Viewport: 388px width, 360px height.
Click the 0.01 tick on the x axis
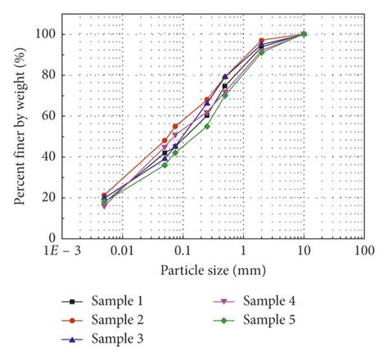point(122,250)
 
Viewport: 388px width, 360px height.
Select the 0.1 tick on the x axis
point(183,250)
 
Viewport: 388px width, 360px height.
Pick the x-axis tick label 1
point(243,250)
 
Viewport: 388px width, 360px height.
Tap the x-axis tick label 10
point(304,250)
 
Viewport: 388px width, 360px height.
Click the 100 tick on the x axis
point(364,250)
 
